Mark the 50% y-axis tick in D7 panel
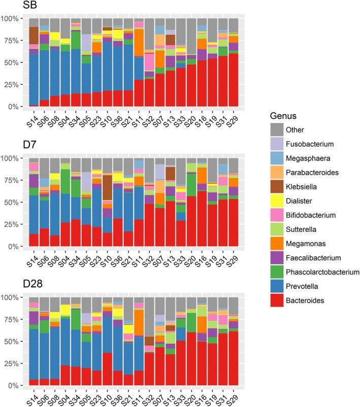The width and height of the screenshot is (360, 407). point(12,202)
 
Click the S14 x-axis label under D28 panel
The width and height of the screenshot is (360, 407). point(31,397)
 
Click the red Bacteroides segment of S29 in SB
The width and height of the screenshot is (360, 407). point(234,81)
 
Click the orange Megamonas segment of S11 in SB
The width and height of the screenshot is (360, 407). point(152,43)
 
